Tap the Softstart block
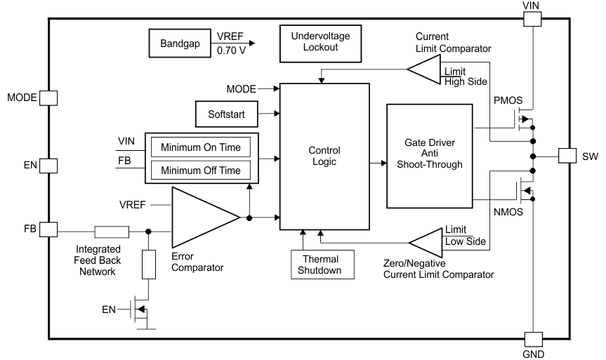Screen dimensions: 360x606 [x=226, y=113]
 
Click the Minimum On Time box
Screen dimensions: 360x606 [x=201, y=147]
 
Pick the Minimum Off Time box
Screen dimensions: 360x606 [x=201, y=170]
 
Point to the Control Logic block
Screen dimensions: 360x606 [x=324, y=156]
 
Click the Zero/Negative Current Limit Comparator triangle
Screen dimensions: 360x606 [x=426, y=244]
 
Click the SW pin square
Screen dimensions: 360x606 [x=568, y=156]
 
